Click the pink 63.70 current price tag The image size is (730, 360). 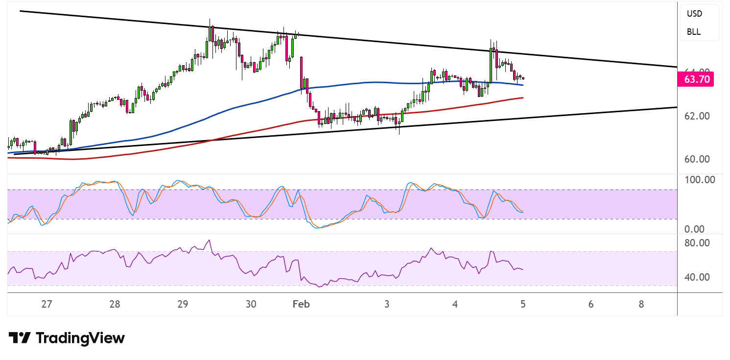[x=696, y=79]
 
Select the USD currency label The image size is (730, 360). [x=694, y=14]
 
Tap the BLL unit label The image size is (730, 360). [x=693, y=32]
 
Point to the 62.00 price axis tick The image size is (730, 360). [x=697, y=116]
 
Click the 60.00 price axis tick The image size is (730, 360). [x=697, y=159]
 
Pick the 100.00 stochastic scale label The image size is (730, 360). [x=700, y=179]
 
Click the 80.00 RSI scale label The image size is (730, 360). [x=697, y=243]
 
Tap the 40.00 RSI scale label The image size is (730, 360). [x=697, y=277]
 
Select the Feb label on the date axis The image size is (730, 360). [x=301, y=304]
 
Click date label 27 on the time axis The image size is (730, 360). [x=47, y=304]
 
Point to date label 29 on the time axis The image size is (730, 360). [x=183, y=304]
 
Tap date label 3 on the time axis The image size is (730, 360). [x=387, y=304]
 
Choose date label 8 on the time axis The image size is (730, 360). [x=641, y=304]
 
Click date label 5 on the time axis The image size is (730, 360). [x=523, y=304]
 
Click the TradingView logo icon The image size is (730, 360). [x=20, y=338]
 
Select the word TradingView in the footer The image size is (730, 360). [x=80, y=338]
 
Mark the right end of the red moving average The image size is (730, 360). [x=523, y=97]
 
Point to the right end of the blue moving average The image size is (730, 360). [x=523, y=85]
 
